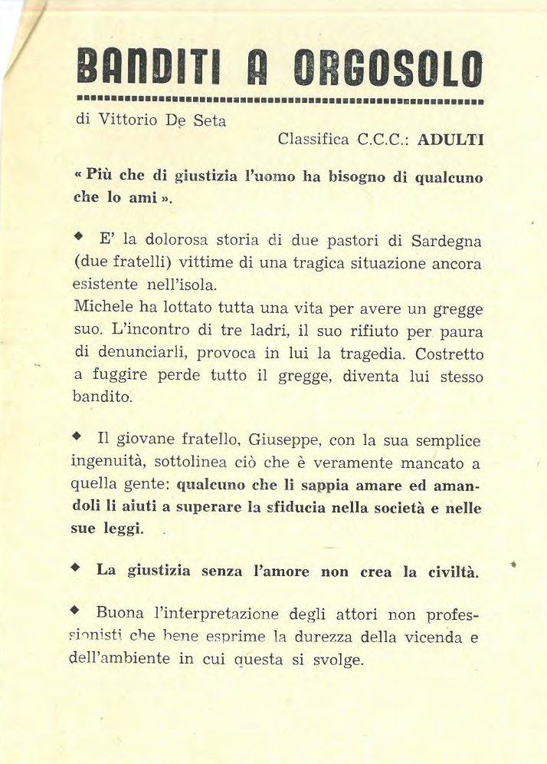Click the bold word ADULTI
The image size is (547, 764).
tap(450, 140)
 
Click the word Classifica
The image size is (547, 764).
tap(315, 140)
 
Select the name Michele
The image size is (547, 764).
tap(104, 306)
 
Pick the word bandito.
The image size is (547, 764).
tap(102, 397)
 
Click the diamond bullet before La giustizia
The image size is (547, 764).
tap(75, 569)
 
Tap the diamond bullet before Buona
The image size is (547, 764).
tap(75, 612)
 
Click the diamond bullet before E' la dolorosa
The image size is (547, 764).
tap(77, 239)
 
